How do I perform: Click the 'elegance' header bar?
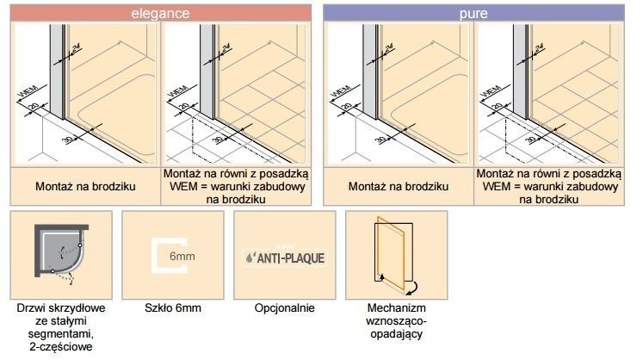point(159,12)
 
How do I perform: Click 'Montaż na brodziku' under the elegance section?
point(83,185)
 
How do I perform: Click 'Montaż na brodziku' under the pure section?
point(398,185)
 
